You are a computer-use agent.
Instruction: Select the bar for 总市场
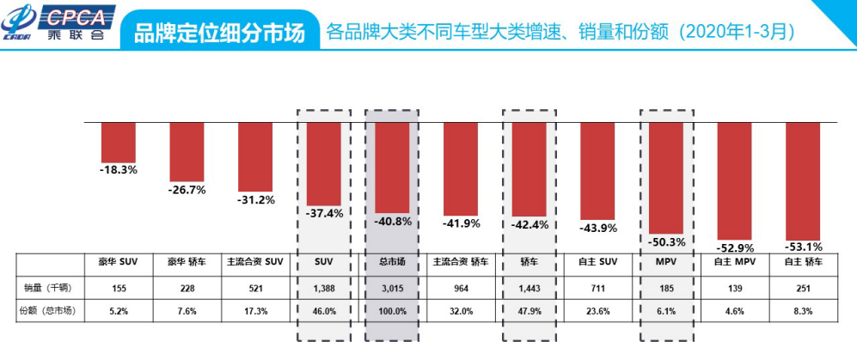point(392,168)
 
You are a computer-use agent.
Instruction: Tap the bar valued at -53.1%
point(803,180)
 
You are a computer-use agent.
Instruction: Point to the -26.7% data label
point(187,190)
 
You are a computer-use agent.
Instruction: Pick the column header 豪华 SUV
point(119,262)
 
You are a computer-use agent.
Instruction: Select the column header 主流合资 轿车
point(460,262)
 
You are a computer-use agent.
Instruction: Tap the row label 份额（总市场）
point(47,311)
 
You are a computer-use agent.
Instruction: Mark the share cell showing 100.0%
point(392,311)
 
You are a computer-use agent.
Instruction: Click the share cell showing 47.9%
point(529,311)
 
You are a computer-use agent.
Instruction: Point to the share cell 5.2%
point(119,311)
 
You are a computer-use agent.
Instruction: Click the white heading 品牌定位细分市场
point(219,33)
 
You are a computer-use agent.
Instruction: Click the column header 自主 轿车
point(803,262)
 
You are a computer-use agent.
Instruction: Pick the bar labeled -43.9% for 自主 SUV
point(597,171)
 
